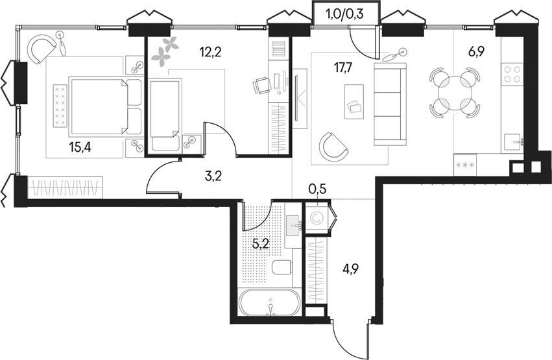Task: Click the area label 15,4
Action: [x=79, y=147]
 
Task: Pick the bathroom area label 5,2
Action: [x=261, y=244]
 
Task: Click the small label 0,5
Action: [x=317, y=189]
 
